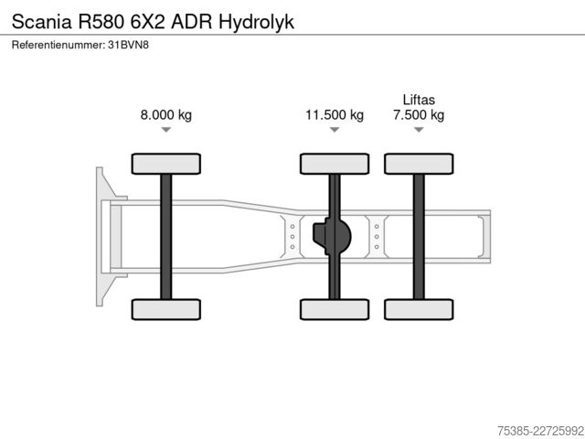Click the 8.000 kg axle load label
click(166, 114)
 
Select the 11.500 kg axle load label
click(335, 114)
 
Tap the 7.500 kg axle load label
click(419, 114)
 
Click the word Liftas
click(419, 100)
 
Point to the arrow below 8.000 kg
click(166, 130)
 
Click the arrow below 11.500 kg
click(335, 130)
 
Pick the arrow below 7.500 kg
click(419, 130)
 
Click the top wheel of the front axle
click(166, 164)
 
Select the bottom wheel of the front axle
click(166, 309)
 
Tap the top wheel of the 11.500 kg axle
click(335, 164)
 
